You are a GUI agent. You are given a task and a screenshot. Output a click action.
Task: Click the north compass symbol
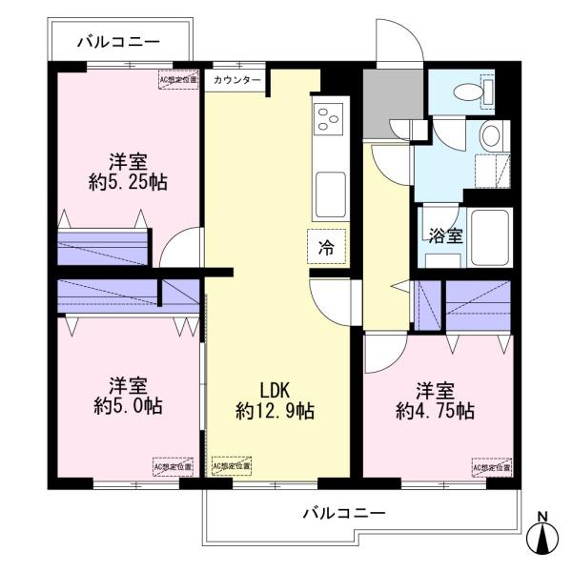543,538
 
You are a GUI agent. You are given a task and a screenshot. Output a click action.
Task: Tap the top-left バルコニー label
118,41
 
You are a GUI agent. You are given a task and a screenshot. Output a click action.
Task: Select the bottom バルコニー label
344,513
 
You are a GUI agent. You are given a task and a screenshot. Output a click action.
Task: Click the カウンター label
237,80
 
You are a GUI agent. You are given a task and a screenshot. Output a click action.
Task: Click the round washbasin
490,135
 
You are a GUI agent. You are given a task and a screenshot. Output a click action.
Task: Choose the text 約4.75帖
435,412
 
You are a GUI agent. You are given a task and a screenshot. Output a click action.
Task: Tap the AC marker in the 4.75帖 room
491,468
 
